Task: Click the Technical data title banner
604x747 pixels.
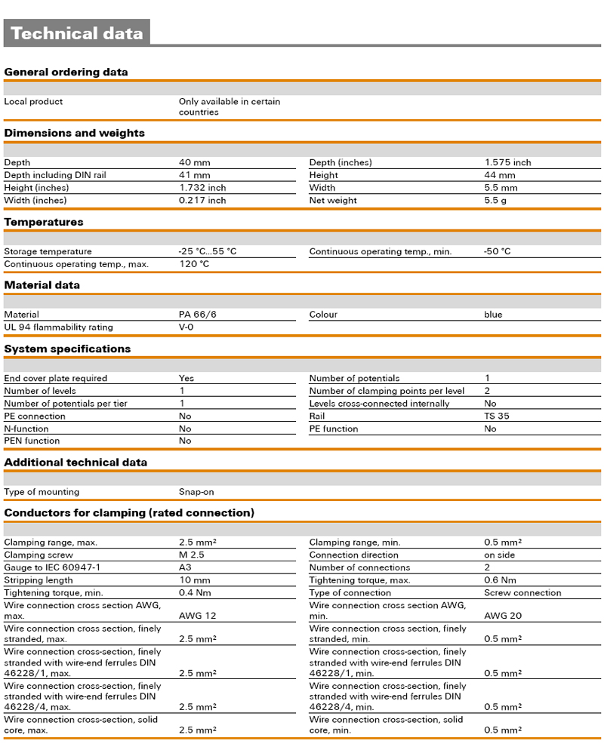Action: click(x=77, y=33)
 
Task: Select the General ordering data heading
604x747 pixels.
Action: click(x=66, y=72)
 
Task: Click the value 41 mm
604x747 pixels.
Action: click(x=194, y=175)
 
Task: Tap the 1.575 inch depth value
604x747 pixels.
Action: click(x=507, y=162)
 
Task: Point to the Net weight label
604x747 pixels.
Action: click(x=333, y=201)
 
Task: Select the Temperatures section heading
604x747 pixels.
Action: click(x=44, y=222)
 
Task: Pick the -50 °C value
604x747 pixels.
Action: click(x=497, y=251)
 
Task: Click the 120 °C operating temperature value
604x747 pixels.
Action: click(x=194, y=264)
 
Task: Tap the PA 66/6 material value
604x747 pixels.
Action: click(x=197, y=315)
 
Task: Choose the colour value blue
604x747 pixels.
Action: click(x=493, y=315)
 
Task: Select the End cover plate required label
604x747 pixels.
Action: click(x=56, y=378)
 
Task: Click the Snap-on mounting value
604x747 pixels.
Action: click(x=196, y=492)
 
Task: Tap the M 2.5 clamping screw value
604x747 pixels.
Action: click(x=193, y=555)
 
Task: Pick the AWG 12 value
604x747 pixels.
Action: click(x=197, y=616)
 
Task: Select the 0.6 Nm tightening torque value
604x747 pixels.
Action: click(x=500, y=580)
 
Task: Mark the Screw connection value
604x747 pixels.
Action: click(x=522, y=593)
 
